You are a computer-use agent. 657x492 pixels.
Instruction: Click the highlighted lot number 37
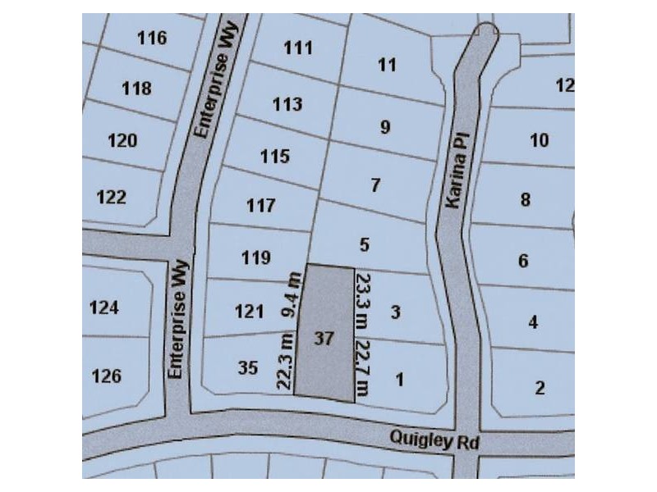[x=324, y=338]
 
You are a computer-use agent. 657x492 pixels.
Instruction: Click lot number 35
[x=248, y=367]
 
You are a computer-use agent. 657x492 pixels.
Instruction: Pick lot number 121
[x=249, y=312]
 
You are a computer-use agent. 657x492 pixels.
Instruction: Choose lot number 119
[x=256, y=258]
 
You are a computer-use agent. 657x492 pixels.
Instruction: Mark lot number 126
[x=107, y=376]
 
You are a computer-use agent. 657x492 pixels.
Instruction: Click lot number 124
[x=104, y=308]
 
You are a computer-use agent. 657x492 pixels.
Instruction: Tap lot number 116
[x=152, y=38]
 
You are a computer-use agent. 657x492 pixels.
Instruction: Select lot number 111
[x=298, y=48]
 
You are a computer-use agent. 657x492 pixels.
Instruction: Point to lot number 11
[x=388, y=65]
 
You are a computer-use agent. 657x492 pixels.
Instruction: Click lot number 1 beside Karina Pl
[x=400, y=380]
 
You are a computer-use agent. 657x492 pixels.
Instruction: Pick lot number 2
[x=540, y=388]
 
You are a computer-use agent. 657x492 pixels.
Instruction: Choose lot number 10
[x=539, y=141]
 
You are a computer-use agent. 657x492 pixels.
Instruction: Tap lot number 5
[x=365, y=244]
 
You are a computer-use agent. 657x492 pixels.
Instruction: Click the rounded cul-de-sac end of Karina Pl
[x=485, y=34]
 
